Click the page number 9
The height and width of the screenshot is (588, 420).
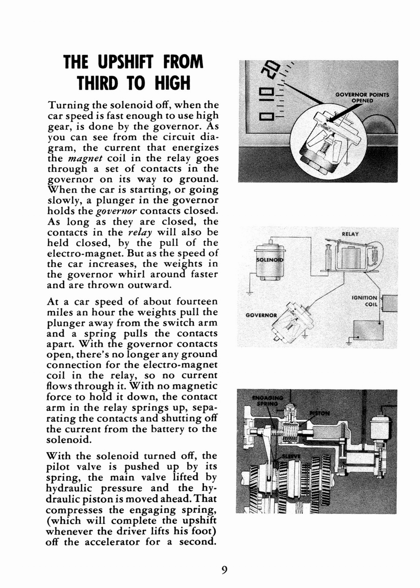pos(225,570)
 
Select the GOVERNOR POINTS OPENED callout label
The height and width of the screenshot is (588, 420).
pos(362,97)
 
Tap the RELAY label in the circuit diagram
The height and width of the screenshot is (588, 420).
pos(350,234)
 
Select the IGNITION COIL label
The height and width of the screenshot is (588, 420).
pos(365,301)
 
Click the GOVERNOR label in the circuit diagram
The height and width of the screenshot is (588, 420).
pos(261,315)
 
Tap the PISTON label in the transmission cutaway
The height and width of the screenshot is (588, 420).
pos(320,413)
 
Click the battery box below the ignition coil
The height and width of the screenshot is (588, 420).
pos(368,330)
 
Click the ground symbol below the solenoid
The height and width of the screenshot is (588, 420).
pos(250,293)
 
